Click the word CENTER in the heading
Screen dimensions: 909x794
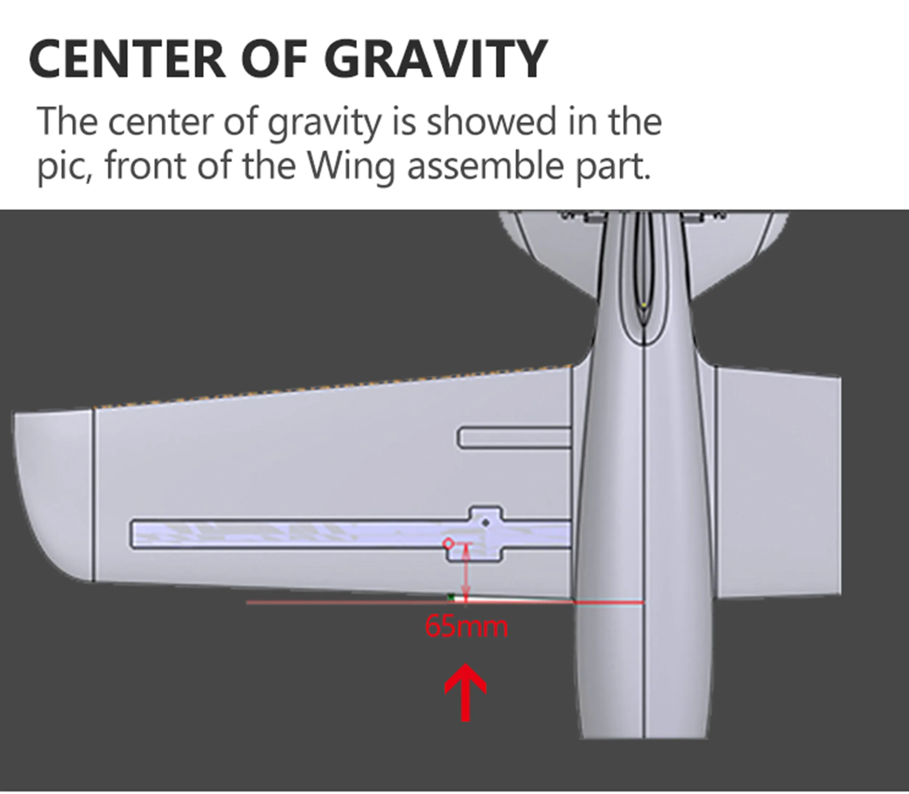(x=128, y=59)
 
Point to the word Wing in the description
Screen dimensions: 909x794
(x=350, y=167)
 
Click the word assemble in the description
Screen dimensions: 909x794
(x=485, y=167)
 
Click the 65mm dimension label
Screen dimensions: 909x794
(x=466, y=627)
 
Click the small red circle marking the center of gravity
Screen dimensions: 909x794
(x=448, y=543)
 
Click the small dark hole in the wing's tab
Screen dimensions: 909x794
(x=486, y=523)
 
